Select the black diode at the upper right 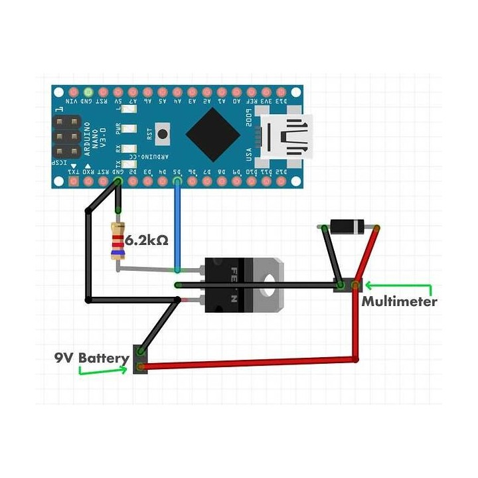pyautogui.click(x=348, y=227)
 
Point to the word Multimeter pyautogui.click(x=399, y=301)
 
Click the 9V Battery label pyautogui.click(x=92, y=358)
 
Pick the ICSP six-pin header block pyautogui.click(x=66, y=137)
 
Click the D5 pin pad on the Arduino pyautogui.click(x=177, y=181)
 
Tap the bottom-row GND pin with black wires pyautogui.click(x=118, y=181)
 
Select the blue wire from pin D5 pyautogui.click(x=177, y=226)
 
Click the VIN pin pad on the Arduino pyautogui.click(x=60, y=91)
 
